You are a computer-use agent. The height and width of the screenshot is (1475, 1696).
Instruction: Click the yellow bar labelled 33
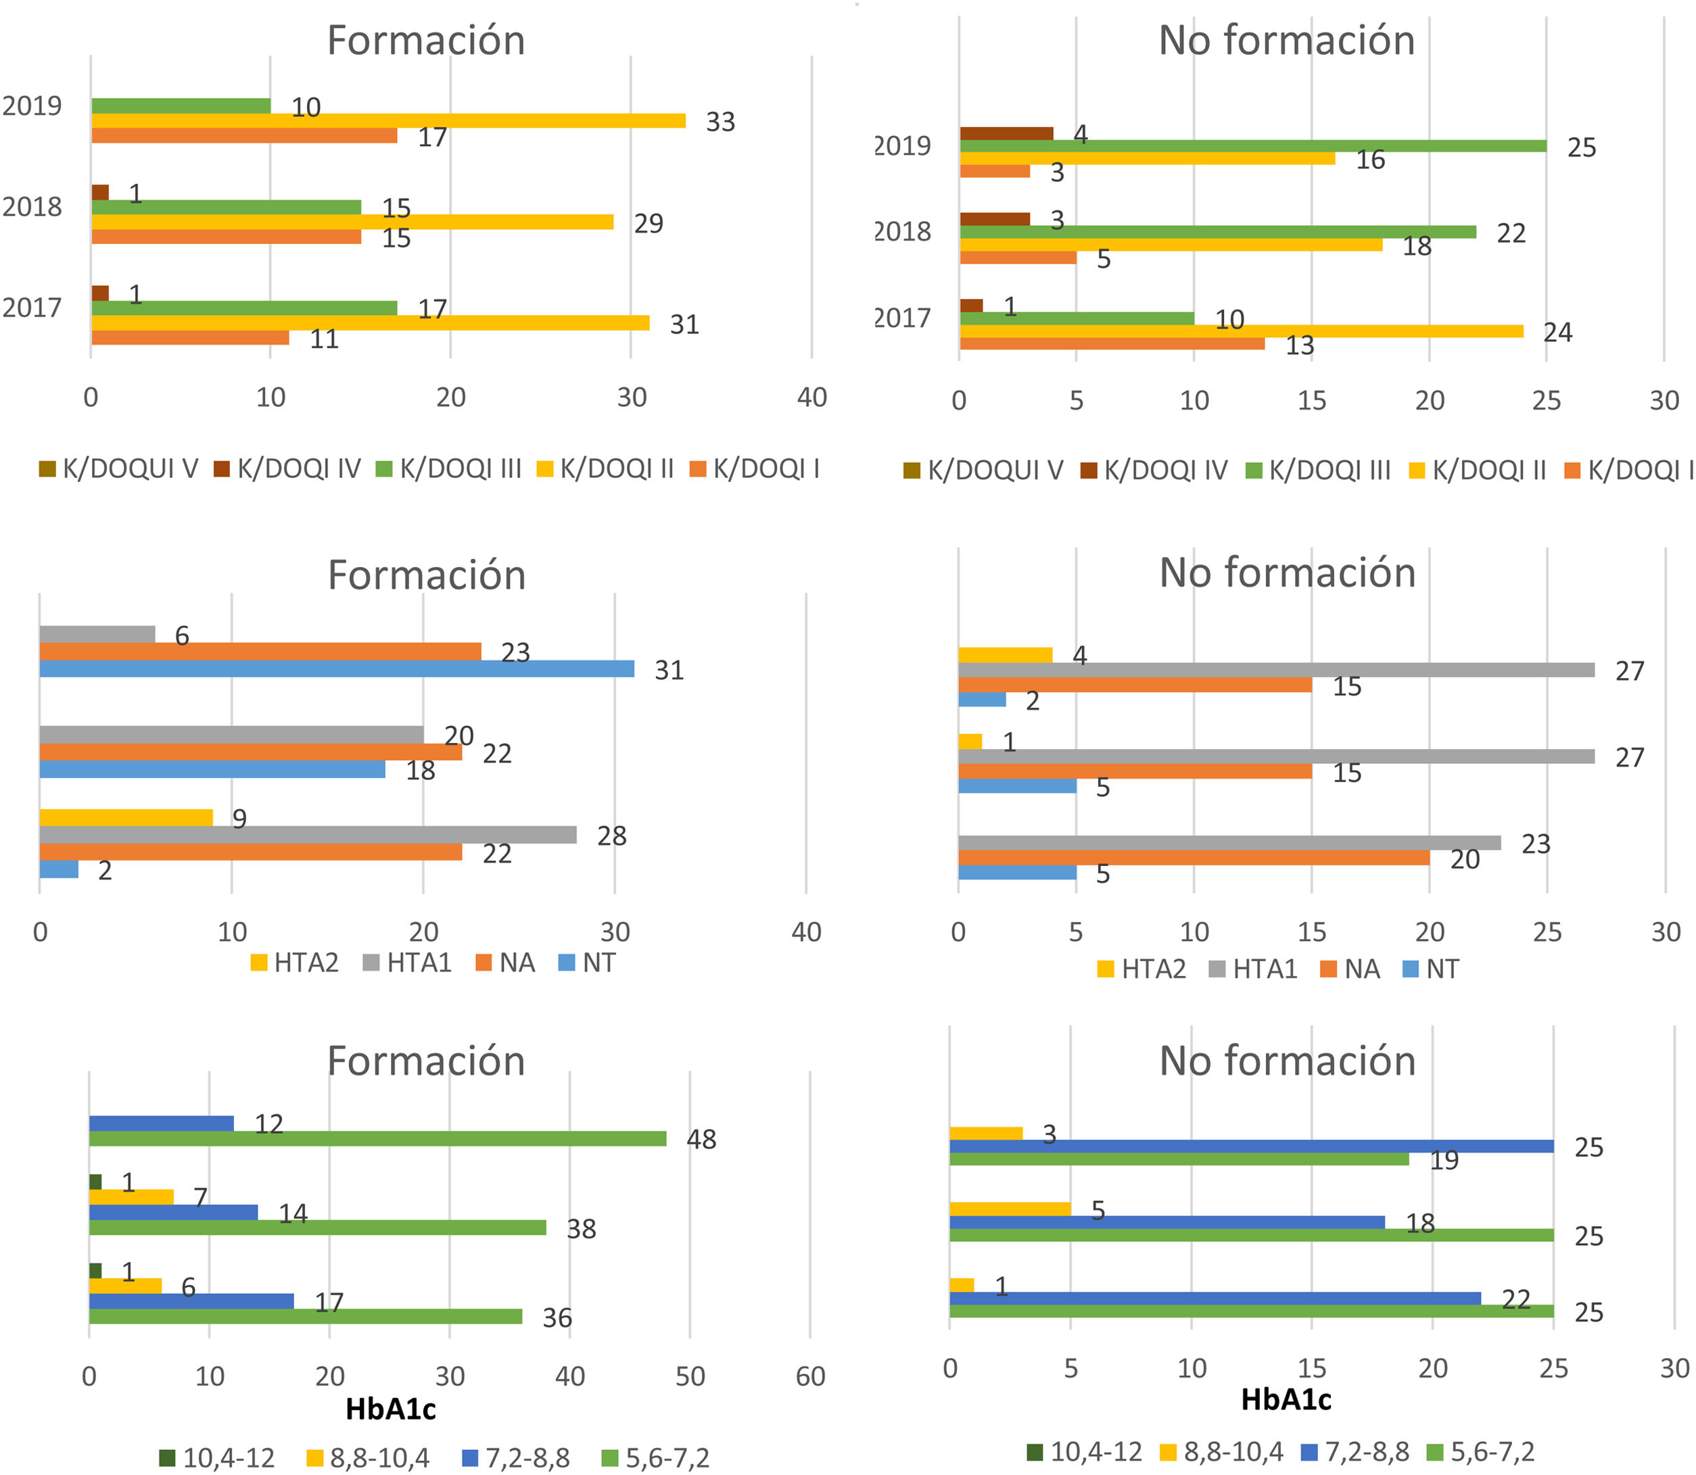[387, 121]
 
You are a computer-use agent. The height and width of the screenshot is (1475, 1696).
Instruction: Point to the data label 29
[648, 224]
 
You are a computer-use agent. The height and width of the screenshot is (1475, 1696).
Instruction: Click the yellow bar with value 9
[125, 818]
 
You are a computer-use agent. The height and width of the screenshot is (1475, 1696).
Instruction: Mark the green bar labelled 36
[304, 1317]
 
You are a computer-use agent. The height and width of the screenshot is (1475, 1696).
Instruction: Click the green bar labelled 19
[1178, 1159]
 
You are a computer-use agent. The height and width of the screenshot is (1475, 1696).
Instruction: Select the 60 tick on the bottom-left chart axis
[810, 1376]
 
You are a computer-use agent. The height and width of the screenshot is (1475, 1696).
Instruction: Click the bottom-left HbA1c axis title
[390, 1410]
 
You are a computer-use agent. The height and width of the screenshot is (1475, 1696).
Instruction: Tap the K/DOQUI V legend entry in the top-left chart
[120, 469]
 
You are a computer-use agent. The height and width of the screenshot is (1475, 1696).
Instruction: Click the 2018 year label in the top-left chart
[32, 207]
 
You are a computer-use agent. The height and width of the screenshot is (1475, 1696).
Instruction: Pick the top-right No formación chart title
[1286, 41]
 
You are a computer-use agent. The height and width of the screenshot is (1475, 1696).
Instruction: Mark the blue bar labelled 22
[1215, 1298]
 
